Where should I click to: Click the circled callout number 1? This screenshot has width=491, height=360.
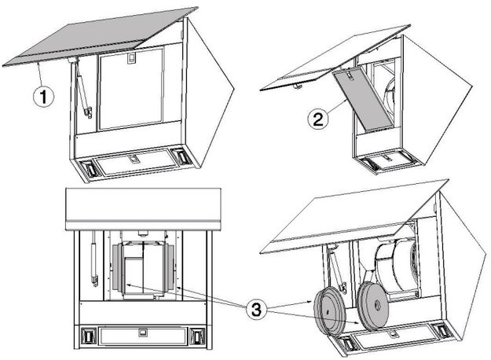(43, 97)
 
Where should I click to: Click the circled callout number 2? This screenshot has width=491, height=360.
(318, 119)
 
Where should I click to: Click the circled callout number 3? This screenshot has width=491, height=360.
(256, 310)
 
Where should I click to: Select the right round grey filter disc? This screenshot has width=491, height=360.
(374, 306)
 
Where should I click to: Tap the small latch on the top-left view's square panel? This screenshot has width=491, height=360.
(132, 57)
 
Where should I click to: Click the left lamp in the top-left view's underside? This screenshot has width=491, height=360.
(90, 169)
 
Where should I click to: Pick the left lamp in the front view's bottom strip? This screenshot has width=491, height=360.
(87, 336)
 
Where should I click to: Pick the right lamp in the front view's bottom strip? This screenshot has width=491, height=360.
(197, 336)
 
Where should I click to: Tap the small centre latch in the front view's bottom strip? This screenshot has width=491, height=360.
(142, 332)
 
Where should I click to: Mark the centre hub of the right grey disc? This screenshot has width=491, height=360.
(378, 306)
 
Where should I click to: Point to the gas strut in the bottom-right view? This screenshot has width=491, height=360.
(338, 270)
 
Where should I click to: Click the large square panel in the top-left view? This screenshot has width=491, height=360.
(130, 89)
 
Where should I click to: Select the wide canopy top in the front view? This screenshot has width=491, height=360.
(143, 209)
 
